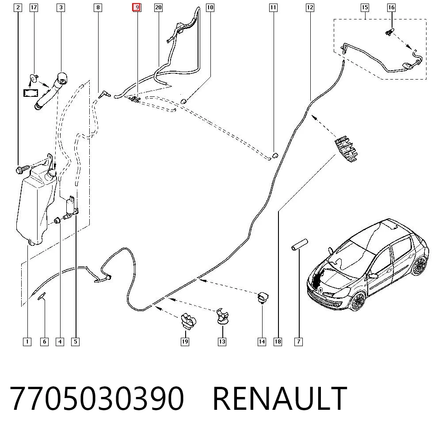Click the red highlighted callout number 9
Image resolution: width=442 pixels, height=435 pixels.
pyautogui.click(x=137, y=8)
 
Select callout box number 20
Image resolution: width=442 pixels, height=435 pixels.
pyautogui.click(x=158, y=8)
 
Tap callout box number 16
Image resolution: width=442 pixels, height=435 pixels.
pyautogui.click(x=391, y=8)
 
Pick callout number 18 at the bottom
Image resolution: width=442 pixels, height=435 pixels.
pyautogui.click(x=278, y=342)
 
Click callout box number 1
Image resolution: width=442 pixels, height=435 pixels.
pyautogui.click(x=27, y=342)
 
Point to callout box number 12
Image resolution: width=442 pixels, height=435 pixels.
pyautogui.click(x=310, y=8)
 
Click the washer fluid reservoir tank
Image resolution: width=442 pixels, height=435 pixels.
pyautogui.click(x=35, y=206)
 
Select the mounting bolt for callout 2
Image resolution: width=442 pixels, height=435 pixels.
pyautogui.click(x=23, y=170)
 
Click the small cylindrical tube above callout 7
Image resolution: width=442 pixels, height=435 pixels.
pyautogui.click(x=299, y=244)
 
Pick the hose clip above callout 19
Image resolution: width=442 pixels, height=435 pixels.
pyautogui.click(x=188, y=320)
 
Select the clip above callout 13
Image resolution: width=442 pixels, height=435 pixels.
pyautogui.click(x=222, y=317)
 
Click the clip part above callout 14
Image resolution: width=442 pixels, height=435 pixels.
pyautogui.click(x=263, y=298)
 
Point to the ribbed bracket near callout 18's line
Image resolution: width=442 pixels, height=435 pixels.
pyautogui.click(x=346, y=149)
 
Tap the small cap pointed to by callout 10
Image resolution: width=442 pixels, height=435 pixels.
pyautogui.click(x=183, y=101)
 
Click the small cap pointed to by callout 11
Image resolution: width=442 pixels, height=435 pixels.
pyautogui.click(x=275, y=155)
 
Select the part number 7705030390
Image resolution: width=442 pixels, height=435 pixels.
pyautogui.click(x=97, y=398)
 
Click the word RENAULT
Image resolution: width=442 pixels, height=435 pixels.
pyautogui.click(x=279, y=398)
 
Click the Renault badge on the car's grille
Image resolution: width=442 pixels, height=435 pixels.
pyautogui.click(x=321, y=290)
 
